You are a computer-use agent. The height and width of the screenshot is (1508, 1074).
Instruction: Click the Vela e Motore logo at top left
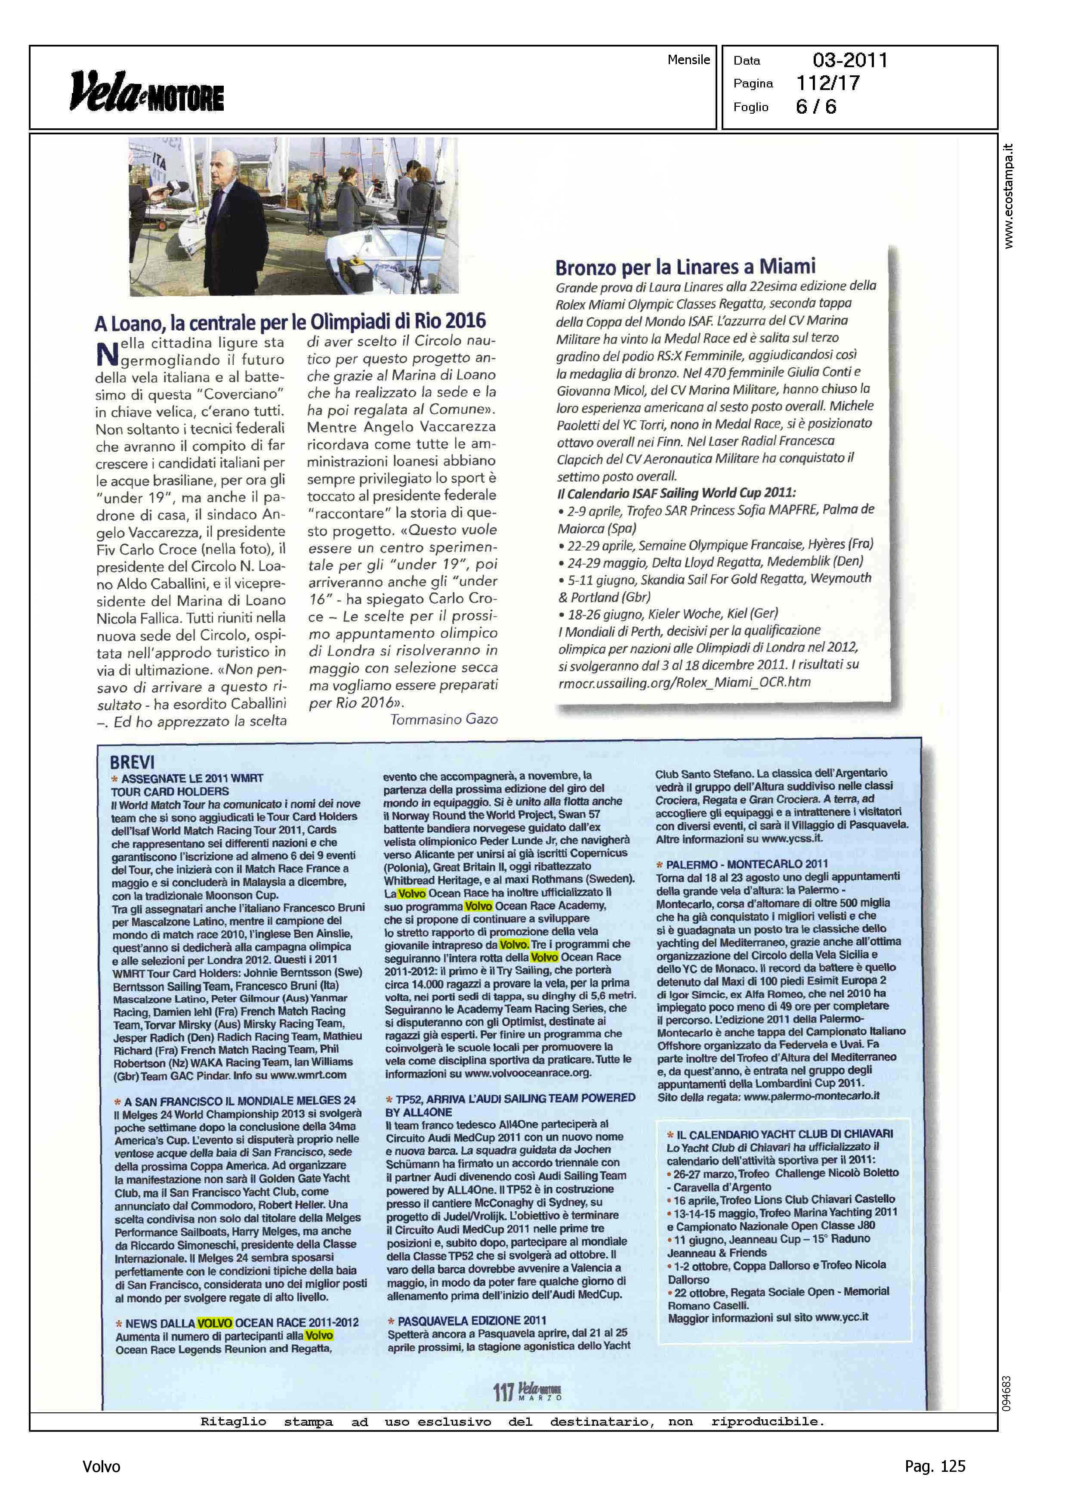[147, 91]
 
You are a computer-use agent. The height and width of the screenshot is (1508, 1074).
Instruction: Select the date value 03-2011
[850, 60]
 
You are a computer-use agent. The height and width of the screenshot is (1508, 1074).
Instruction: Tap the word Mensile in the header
[688, 59]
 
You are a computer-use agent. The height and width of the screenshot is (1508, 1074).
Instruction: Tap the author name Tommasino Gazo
[444, 719]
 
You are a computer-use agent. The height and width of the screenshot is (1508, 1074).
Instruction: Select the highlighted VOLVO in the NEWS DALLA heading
[214, 1323]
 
